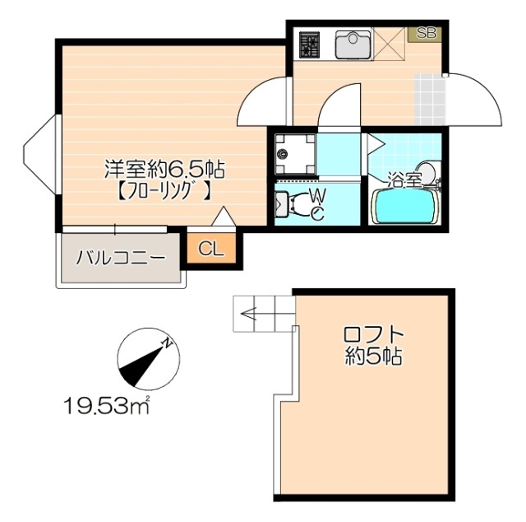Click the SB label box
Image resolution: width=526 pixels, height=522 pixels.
(426, 34)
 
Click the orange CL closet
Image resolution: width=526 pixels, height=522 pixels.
(211, 249)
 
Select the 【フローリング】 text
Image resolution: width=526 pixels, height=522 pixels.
(163, 194)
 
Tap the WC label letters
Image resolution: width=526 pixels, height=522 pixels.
(316, 203)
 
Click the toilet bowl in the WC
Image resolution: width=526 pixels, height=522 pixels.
(284, 203)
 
